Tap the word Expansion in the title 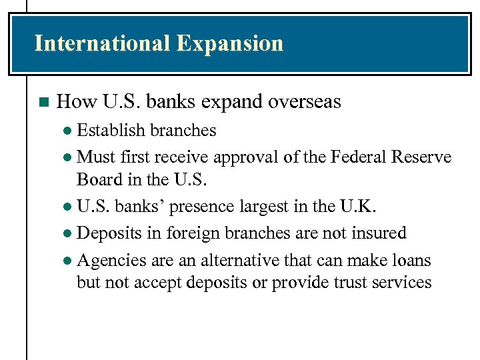[230, 43]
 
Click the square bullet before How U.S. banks [44, 102]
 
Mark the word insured [379, 233]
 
